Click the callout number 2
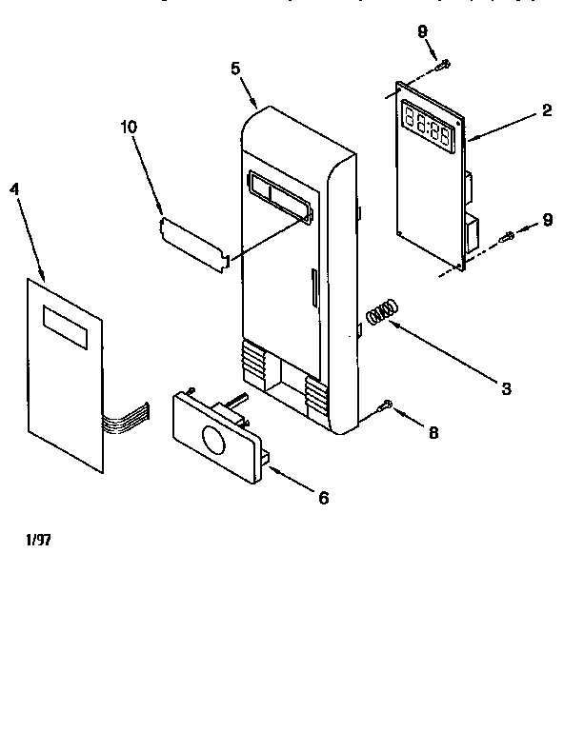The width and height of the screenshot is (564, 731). tap(547, 110)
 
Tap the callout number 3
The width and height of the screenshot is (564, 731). tap(506, 387)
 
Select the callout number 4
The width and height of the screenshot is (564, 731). tap(14, 188)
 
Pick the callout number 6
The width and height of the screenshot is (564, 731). tap(323, 498)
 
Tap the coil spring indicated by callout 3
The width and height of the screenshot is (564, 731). tap(379, 312)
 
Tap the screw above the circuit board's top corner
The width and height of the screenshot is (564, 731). tap(443, 65)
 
